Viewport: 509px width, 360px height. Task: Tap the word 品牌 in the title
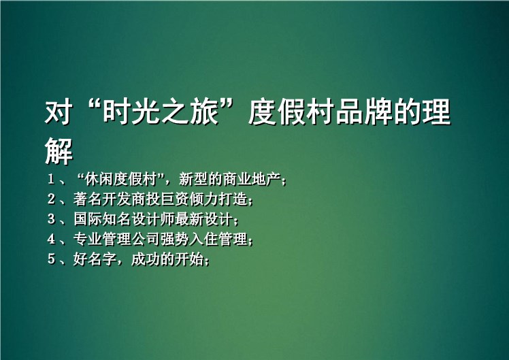(363, 113)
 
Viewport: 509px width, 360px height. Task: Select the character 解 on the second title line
(59, 151)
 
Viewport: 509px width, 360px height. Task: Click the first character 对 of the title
(59, 113)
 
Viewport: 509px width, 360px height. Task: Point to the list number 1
(51, 179)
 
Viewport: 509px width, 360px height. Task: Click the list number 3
(51, 219)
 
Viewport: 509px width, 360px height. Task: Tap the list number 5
(51, 259)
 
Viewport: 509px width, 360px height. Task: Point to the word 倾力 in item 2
(204, 199)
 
